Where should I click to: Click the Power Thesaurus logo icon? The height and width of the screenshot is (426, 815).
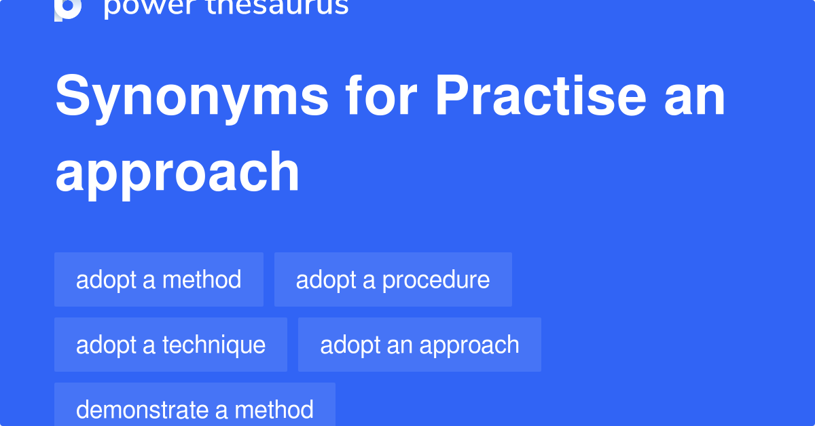pyautogui.click(x=68, y=9)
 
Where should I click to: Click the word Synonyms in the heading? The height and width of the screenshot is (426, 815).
pyautogui.click(x=192, y=97)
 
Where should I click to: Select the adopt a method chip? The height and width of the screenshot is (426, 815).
pyautogui.click(x=159, y=279)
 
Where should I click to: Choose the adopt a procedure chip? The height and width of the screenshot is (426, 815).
pyautogui.click(x=393, y=279)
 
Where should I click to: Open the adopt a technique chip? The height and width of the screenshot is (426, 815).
pyautogui.click(x=170, y=345)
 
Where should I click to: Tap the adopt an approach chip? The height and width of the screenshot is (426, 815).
pyautogui.click(x=419, y=345)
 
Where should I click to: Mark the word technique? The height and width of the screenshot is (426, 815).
pyautogui.click(x=213, y=345)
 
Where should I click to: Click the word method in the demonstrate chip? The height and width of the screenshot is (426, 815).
pyautogui.click(x=274, y=410)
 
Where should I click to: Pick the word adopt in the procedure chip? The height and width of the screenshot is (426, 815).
pyautogui.click(x=322, y=280)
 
